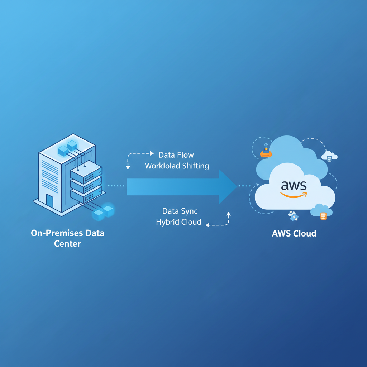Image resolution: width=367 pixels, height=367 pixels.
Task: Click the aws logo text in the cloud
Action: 294,185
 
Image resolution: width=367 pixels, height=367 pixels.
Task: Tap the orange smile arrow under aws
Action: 294,195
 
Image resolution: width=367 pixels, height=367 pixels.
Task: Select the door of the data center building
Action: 49,202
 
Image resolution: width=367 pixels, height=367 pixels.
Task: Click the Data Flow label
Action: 176,155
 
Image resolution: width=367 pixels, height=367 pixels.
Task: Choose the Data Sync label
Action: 180,211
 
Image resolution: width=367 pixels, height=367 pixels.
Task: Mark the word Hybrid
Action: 167,222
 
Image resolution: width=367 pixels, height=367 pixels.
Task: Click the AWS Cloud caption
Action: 294,234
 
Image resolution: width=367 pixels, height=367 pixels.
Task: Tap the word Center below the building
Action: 67,244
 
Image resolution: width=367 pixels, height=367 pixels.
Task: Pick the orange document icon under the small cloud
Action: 323,216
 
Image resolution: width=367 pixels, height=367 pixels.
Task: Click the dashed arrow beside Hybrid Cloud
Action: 219,220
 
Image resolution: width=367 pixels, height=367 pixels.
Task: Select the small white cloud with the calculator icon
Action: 329,156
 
